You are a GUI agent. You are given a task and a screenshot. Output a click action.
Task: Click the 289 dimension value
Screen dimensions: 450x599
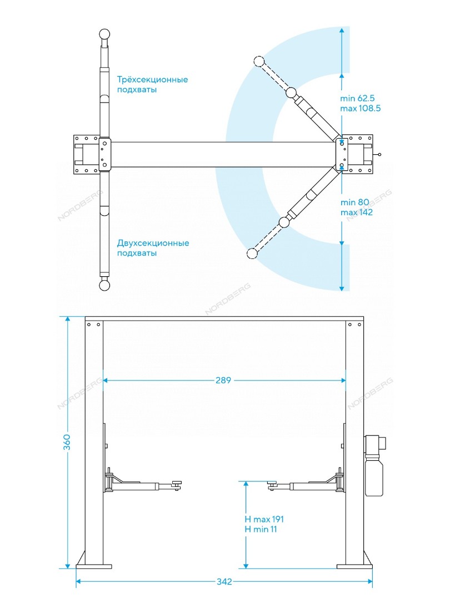[223, 380]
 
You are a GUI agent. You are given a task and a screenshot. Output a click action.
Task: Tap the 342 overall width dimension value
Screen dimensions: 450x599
[224, 581]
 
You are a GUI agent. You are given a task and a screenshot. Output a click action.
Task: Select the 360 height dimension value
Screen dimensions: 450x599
[67, 442]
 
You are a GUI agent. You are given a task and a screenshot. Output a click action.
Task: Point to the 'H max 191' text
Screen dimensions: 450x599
[264, 519]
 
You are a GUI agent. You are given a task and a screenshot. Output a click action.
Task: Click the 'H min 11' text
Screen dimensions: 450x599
[261, 529]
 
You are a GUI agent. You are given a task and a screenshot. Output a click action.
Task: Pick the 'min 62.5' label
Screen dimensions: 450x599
[357, 98]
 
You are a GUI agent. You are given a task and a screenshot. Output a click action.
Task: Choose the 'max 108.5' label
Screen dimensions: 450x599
[361, 108]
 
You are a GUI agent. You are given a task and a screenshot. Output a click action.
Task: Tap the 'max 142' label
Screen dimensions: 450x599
[356, 212]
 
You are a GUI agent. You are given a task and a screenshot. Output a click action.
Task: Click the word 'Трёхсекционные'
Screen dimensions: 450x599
[152, 79]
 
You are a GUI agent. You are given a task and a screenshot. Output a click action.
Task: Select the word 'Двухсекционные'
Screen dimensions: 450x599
[153, 243]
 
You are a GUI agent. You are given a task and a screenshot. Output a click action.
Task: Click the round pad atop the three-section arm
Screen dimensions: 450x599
[104, 34]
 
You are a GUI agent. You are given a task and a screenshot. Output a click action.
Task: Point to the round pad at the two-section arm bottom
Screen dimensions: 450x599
[104, 286]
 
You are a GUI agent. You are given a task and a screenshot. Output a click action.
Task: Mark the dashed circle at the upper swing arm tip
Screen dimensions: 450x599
[259, 61]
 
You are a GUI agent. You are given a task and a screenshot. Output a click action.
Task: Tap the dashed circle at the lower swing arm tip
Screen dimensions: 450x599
[252, 253]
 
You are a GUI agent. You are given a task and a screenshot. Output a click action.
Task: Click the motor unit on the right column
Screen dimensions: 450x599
[374, 465]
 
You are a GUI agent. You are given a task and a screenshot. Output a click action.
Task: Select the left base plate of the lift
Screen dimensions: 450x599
[94, 566]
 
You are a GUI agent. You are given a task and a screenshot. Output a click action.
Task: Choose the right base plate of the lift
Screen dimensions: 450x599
[354, 566]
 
